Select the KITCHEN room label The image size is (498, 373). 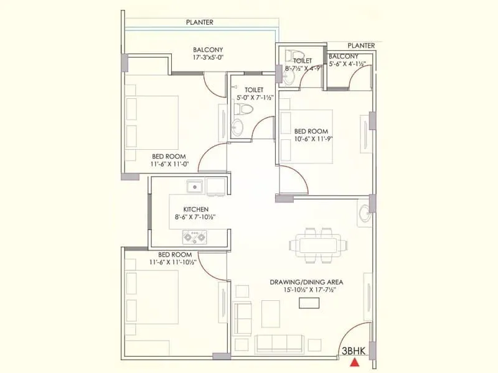point(195,210)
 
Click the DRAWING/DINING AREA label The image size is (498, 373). point(306,282)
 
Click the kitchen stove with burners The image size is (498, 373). point(194,236)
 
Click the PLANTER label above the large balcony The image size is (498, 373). point(199,22)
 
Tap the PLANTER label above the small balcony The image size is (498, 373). point(361,45)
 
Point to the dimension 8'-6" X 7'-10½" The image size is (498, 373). point(195,218)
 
